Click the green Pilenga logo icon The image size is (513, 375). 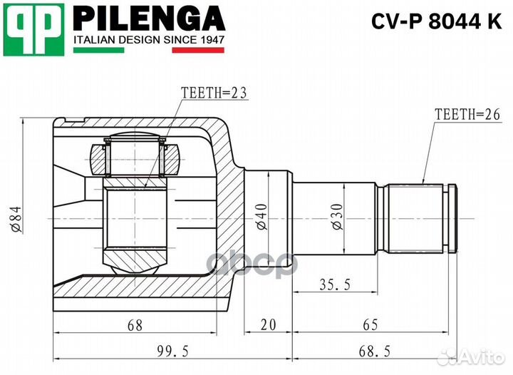[34, 29]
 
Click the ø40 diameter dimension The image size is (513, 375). [261, 217]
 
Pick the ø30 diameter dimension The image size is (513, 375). [339, 217]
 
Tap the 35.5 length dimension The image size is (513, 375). [334, 284]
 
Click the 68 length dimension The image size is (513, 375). [135, 325]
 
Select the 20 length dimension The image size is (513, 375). [268, 325]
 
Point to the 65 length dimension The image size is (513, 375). [370, 325]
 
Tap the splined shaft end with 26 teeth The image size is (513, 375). [420, 218]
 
